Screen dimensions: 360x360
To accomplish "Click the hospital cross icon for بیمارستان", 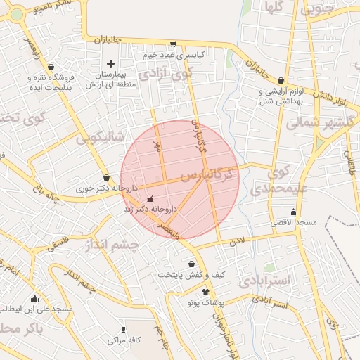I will tap(110, 63).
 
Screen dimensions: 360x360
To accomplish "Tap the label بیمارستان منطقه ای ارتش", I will tap(110, 79).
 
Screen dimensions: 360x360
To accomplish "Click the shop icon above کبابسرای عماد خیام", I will tap(172, 44).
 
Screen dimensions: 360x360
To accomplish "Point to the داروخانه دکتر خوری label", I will tap(105, 188).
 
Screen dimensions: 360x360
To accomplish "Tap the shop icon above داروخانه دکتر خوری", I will tap(106, 178).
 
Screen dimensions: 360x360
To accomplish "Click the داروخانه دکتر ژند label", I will tap(149, 209).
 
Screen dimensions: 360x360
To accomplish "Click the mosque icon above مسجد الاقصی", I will tap(293, 212).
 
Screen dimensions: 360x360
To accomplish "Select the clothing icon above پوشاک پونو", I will tap(205, 292).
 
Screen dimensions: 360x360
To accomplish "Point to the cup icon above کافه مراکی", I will tap(124, 329).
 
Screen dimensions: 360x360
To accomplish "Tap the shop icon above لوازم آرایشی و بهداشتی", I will tap(281, 80).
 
